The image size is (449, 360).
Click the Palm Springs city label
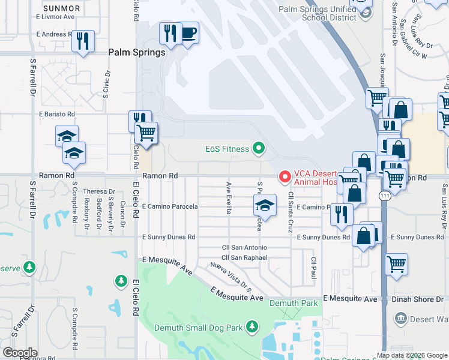coord(136,53)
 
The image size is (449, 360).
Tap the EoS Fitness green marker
coord(259,147)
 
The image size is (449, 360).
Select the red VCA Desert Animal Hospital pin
coord(284,176)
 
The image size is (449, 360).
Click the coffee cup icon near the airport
coord(188,33)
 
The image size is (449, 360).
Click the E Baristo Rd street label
coord(57,113)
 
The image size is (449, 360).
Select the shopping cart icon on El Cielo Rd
coord(146,133)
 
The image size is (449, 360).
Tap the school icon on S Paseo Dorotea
coord(265,205)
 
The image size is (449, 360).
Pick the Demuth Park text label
coord(293,304)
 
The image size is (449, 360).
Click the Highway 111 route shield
coord(383,196)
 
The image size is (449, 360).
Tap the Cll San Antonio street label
coord(244,247)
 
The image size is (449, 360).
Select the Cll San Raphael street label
coord(244,257)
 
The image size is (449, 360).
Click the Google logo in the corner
coord(20,353)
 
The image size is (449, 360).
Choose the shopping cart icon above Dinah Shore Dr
coord(397,264)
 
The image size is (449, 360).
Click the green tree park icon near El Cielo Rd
coord(121,281)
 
